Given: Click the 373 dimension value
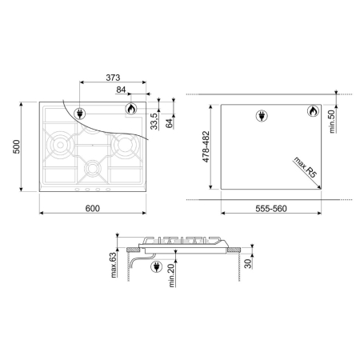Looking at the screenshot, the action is click(113, 78).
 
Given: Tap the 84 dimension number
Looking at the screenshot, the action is click(121, 90).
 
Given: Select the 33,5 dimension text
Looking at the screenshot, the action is click(154, 122).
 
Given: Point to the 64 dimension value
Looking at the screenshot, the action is click(170, 123).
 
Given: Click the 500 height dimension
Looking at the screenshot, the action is click(16, 146).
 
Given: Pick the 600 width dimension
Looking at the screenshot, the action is click(93, 208).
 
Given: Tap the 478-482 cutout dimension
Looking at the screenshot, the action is click(206, 146).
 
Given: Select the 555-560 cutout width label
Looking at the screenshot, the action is click(271, 209).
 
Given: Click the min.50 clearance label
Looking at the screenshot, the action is click(332, 122).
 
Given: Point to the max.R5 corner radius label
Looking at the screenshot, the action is click(305, 167).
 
